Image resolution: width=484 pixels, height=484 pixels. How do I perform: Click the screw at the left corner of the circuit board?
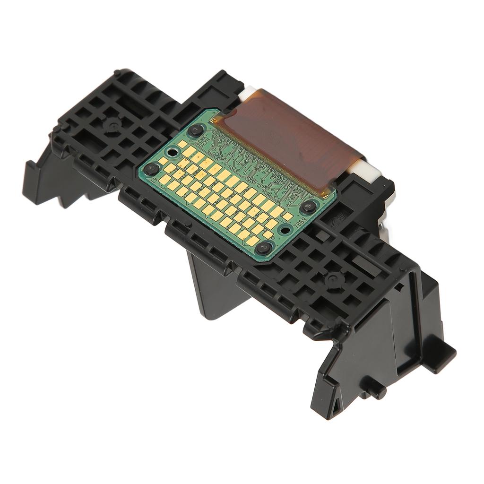tap(151, 169)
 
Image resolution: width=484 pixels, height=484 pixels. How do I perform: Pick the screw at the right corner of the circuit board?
tap(309, 206)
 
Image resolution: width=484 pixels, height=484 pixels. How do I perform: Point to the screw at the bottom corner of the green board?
tap(264, 247)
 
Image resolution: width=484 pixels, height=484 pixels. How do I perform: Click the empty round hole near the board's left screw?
tap(173, 152)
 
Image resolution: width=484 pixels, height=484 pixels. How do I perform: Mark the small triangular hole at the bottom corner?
tap(335, 406)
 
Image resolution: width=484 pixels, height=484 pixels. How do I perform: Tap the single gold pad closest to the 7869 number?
tap(287, 216)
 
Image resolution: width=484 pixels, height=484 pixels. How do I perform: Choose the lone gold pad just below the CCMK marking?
tap(182, 144)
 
